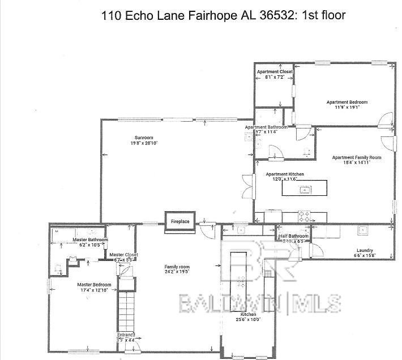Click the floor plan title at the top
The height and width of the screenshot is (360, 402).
[x=223, y=15]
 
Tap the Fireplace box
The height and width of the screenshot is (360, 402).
[x=180, y=221]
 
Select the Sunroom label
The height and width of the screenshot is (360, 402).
[x=144, y=138]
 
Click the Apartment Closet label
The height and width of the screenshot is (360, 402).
[x=275, y=72]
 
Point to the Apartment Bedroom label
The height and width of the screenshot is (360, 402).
[x=347, y=102]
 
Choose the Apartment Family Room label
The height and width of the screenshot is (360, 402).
[x=356, y=157]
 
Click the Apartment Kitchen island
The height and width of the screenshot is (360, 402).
[x=305, y=188]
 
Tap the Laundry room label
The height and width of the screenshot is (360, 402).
[x=364, y=250]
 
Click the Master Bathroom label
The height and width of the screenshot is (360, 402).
[x=87, y=240]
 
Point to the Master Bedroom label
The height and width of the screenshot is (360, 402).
[x=94, y=285]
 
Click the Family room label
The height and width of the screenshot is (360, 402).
[x=177, y=267]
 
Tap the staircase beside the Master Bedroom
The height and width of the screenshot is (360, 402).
[x=127, y=309]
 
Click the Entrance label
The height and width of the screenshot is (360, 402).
[x=126, y=335]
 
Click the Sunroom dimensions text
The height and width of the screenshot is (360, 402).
[x=144, y=144]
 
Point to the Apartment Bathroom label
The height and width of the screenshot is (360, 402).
[x=266, y=127]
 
